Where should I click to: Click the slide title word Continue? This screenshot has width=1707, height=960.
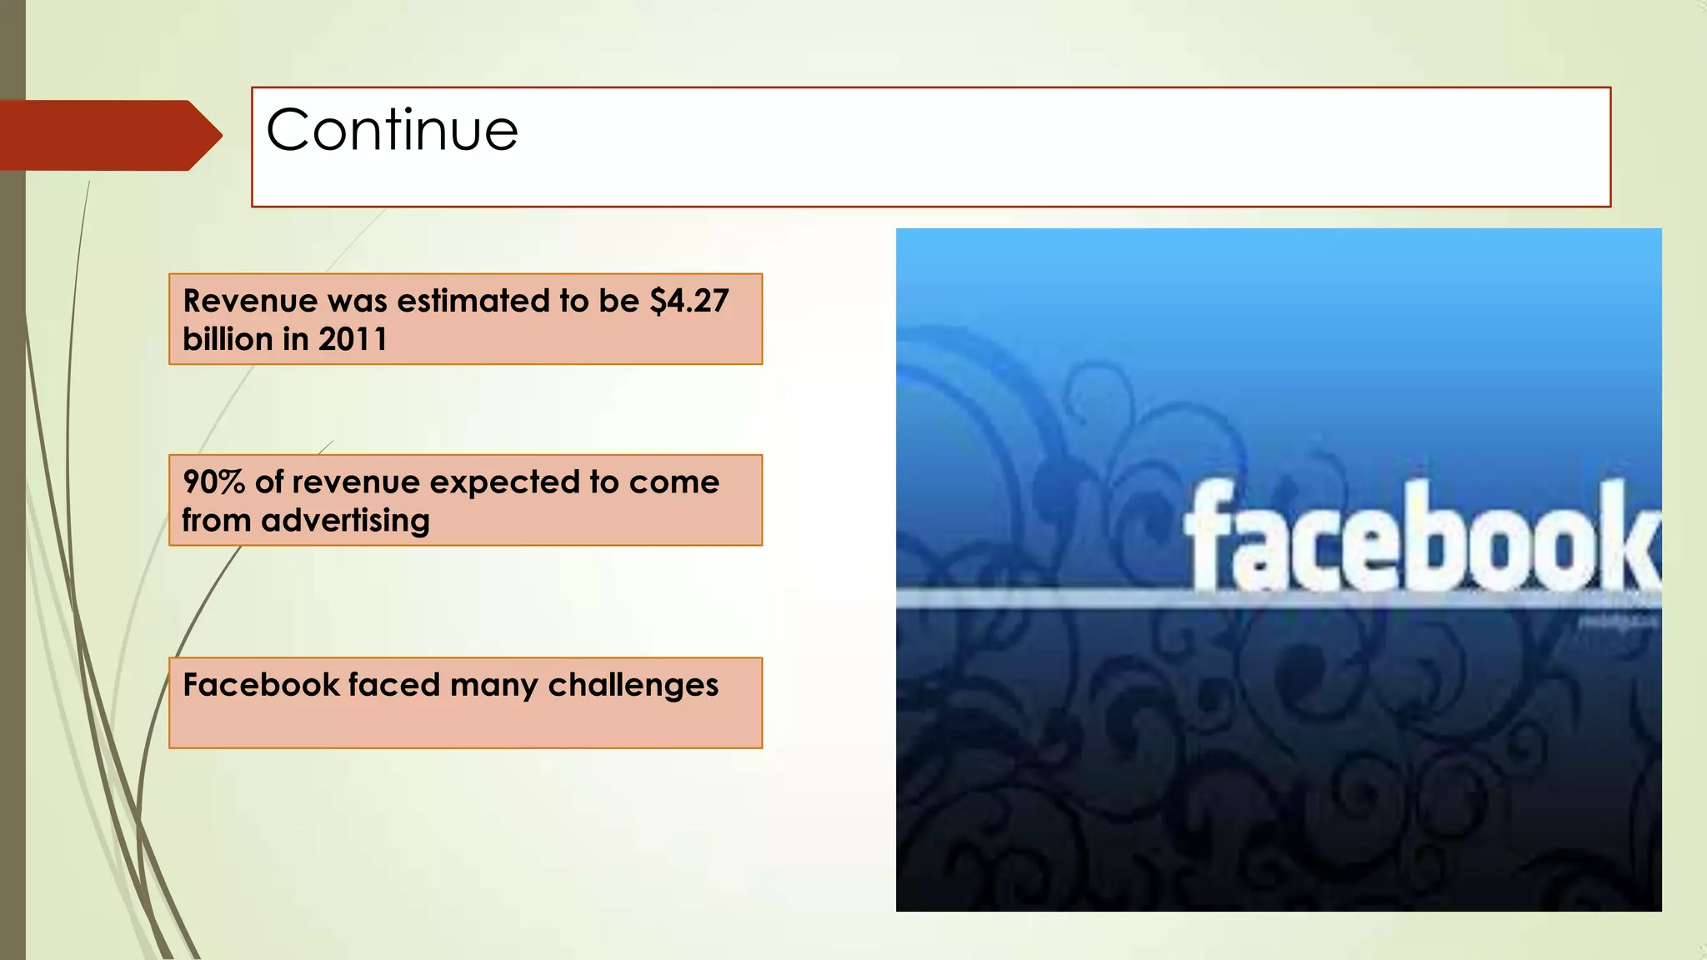pos(392,130)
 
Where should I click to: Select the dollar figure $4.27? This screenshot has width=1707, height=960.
pos(689,301)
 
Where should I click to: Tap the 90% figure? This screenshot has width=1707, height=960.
pos(213,482)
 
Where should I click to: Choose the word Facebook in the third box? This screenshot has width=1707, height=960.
pos(261,685)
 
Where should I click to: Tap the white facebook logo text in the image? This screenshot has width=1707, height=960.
pos(1420,537)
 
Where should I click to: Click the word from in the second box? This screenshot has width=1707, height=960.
pos(216,521)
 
